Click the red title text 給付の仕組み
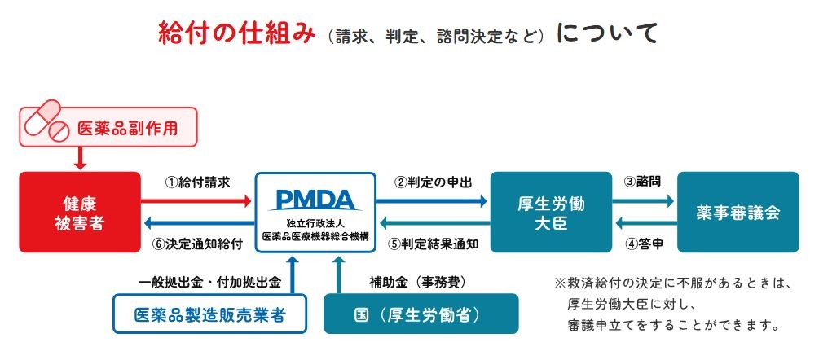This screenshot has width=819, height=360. (236, 33)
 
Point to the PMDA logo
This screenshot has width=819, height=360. (314, 199)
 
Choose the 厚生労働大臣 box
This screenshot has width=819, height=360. (551, 212)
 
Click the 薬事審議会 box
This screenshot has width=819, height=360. (738, 212)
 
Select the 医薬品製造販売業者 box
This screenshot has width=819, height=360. (210, 314)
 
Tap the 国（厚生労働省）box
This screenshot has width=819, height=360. (421, 314)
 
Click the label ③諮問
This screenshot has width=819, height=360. (643, 182)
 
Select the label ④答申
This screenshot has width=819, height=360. (643, 243)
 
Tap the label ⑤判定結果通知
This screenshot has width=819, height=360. (433, 243)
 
